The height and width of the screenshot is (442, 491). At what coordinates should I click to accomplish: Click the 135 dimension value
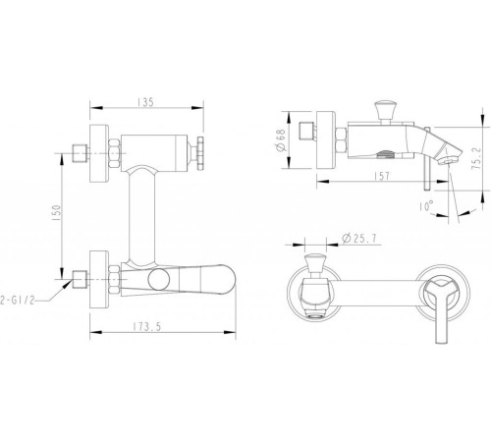point(145,102)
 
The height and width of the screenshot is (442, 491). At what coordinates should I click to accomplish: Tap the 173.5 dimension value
point(147,327)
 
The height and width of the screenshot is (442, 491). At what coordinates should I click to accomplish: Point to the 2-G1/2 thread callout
point(17,301)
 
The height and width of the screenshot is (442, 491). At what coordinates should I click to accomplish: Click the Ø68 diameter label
point(281,140)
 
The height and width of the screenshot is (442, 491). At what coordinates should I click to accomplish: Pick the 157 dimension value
point(382,176)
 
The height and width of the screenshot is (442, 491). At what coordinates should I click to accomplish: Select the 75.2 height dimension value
point(476,157)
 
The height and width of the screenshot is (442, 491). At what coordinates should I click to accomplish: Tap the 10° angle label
point(426,205)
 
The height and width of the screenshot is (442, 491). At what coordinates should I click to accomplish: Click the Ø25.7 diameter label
point(358,239)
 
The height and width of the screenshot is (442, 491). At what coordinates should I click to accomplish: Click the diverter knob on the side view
point(385,112)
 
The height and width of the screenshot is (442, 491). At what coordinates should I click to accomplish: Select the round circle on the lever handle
point(159,279)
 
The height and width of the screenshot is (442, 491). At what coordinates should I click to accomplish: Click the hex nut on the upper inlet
point(114,153)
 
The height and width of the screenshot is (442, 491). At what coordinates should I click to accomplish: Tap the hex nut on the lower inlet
point(114,279)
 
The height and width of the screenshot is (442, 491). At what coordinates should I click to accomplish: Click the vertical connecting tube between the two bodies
point(141,216)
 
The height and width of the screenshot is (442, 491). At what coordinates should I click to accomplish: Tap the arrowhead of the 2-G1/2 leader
point(68,284)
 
